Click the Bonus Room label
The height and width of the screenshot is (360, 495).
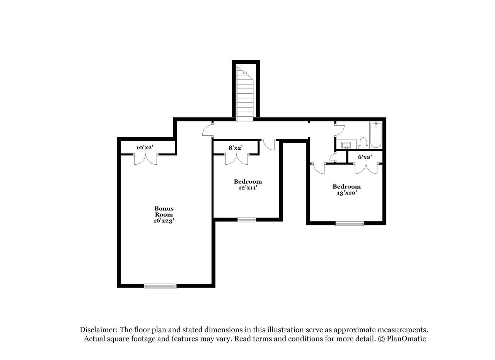click(x=164, y=212)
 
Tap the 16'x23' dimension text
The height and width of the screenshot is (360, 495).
click(x=164, y=221)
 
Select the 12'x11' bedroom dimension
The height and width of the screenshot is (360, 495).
click(x=248, y=188)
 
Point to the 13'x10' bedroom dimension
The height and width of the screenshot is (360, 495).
click(x=346, y=193)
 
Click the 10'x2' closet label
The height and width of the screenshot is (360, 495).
click(x=145, y=148)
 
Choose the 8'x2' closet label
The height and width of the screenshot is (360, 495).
click(x=236, y=148)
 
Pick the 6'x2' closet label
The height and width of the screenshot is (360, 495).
click(x=365, y=157)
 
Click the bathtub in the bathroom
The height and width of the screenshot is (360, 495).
click(x=376, y=135)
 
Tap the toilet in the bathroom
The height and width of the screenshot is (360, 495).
click(x=363, y=143)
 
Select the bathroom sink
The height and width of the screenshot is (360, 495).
click(x=346, y=145)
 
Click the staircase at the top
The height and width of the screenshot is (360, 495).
click(x=245, y=93)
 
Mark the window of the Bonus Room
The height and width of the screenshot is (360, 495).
click(x=160, y=286)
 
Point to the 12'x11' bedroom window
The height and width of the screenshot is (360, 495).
click(x=247, y=220)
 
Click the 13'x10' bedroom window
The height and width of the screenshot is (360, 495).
click(x=350, y=224)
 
